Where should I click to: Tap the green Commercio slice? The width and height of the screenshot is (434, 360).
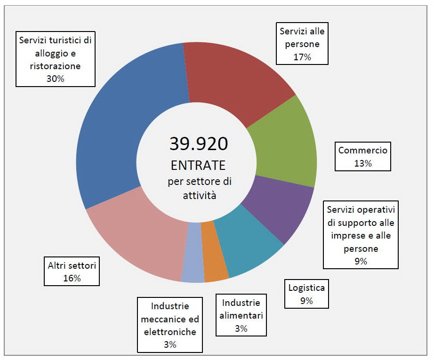point(282,146)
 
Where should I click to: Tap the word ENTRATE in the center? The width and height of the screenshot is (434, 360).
point(198,165)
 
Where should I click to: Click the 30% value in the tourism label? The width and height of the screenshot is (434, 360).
point(55,79)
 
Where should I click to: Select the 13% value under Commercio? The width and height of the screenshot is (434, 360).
point(362,163)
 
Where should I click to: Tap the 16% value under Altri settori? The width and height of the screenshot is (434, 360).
point(72,278)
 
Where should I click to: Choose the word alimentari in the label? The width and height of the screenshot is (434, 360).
point(241,315)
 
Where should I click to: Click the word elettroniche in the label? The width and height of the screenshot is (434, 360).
point(170,332)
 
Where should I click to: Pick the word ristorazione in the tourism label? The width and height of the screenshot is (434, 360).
point(55,66)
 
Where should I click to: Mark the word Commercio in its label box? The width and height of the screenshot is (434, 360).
point(362,151)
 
